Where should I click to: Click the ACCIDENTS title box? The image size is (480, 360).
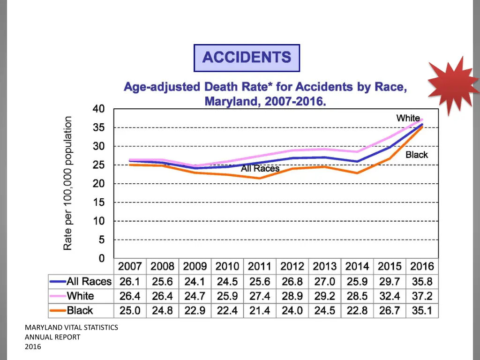(247, 58)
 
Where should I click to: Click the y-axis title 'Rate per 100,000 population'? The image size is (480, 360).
(68, 183)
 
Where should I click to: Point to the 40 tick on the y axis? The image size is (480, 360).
(98, 109)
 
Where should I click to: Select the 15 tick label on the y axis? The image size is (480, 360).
(98, 202)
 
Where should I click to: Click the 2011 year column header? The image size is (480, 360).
(259, 267)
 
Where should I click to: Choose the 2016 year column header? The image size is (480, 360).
(422, 267)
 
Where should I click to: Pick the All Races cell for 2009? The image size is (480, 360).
(195, 282)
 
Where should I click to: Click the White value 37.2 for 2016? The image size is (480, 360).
(422, 296)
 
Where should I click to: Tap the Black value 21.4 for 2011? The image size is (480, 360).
(259, 310)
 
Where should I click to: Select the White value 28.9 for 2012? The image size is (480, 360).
(292, 296)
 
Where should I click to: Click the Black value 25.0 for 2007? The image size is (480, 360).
(130, 310)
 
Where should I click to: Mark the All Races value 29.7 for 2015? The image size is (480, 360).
(390, 282)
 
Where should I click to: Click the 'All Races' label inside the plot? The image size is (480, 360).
(260, 169)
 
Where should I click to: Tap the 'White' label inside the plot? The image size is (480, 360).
(408, 118)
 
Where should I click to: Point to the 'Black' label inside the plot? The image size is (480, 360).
(416, 155)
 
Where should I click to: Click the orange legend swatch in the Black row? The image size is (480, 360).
(57, 310)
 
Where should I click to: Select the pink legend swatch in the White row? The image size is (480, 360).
(57, 296)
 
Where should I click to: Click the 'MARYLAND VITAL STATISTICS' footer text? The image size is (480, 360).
(71, 328)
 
